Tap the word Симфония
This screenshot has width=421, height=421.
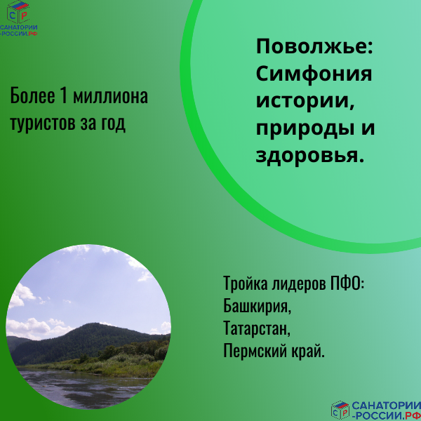point(314,74)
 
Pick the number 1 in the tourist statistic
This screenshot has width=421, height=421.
point(61,96)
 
